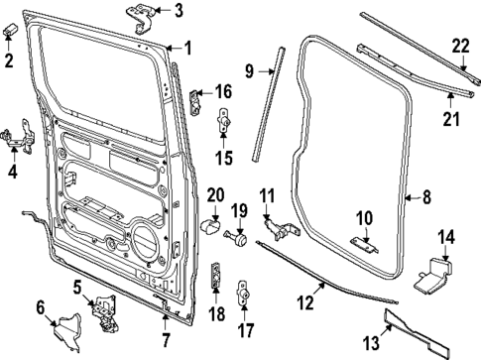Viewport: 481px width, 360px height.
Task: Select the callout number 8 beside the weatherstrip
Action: (426, 197)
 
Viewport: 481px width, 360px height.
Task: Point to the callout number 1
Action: (188, 47)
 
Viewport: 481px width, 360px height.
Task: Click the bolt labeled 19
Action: (238, 238)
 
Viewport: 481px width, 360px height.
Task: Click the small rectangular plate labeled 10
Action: (365, 244)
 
